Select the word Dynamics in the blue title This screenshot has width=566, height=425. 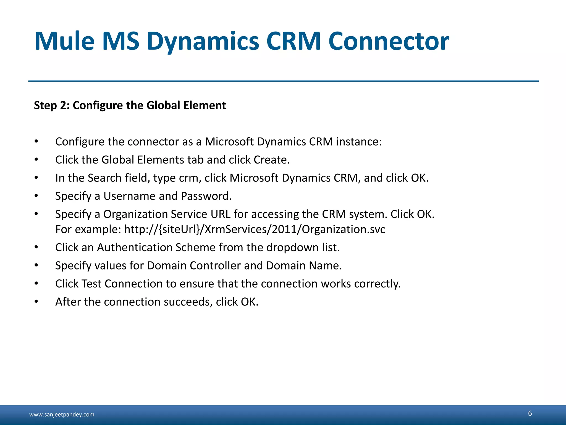tap(203, 42)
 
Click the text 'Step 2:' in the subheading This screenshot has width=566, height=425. tap(51, 105)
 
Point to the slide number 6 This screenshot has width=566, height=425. tap(530, 413)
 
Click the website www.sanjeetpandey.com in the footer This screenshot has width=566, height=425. tap(62, 414)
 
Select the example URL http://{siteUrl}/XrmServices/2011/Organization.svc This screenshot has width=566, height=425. tap(255, 229)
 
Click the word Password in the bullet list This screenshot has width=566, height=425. tap(206, 196)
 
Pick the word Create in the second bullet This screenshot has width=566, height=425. tap(272, 160)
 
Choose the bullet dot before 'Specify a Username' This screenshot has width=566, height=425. tap(36, 196)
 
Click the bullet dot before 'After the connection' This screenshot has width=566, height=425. tap(36, 302)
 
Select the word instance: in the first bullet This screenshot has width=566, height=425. tap(359, 142)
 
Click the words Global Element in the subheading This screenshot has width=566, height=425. tap(186, 105)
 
